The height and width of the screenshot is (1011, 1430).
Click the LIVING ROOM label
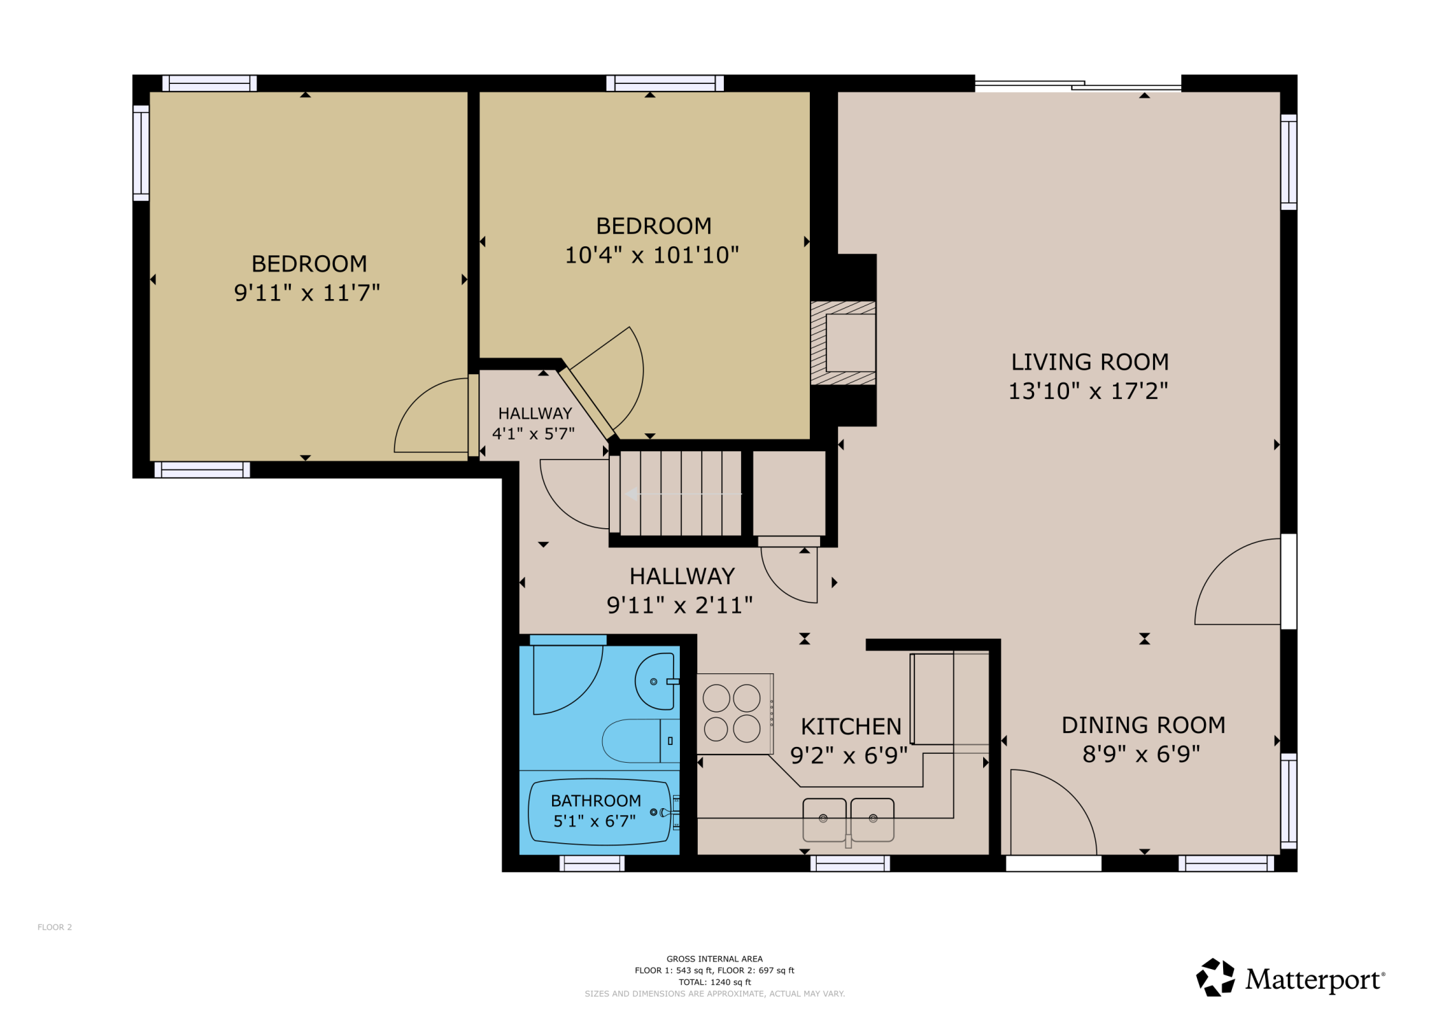[1089, 362]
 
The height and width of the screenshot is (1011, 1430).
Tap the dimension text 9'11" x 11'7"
[307, 293]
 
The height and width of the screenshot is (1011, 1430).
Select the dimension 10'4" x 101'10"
[652, 255]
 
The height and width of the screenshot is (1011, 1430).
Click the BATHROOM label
[595, 801]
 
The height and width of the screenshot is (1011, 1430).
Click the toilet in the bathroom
[639, 741]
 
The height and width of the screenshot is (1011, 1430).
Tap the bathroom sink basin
[655, 682]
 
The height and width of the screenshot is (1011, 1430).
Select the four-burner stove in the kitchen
[732, 713]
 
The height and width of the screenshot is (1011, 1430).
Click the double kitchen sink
[848, 819]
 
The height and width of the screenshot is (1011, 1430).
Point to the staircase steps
[680, 493]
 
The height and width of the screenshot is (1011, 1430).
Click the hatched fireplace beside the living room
[843, 343]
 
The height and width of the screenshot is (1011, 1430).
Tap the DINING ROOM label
[1143, 725]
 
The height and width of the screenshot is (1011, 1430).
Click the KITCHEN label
[850, 726]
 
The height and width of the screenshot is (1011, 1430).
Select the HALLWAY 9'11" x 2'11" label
[681, 576]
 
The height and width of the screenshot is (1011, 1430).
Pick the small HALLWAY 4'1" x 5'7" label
[534, 413]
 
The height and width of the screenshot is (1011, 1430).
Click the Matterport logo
[1290, 978]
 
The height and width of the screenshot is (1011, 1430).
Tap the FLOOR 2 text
[54, 927]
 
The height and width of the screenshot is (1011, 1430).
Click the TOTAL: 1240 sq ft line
[714, 982]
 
